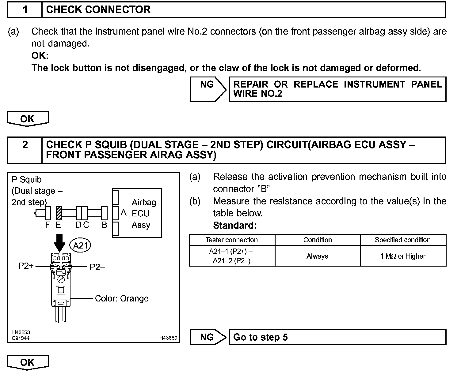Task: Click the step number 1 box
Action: (x=25, y=10)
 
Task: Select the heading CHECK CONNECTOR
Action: (x=98, y=10)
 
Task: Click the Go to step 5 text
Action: (x=260, y=337)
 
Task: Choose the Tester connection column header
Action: (x=232, y=240)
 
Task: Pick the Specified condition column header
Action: (x=402, y=240)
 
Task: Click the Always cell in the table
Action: (x=317, y=256)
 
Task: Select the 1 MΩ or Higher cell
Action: (x=402, y=256)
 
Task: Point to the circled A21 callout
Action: (x=81, y=245)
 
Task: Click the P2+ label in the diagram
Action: (x=26, y=266)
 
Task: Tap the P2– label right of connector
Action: (x=97, y=267)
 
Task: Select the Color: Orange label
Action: (x=122, y=298)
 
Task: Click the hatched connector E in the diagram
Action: (x=59, y=213)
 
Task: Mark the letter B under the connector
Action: (x=105, y=225)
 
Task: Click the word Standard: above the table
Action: (x=234, y=226)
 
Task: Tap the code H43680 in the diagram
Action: (x=168, y=338)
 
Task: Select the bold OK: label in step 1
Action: (x=40, y=56)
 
